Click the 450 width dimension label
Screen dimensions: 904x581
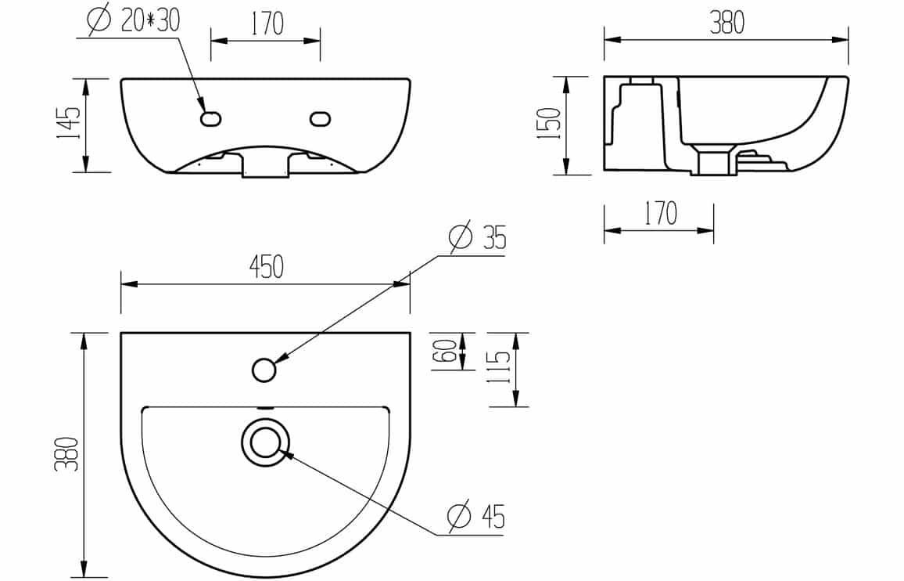[x=267, y=267]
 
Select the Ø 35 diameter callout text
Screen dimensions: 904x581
[x=477, y=236]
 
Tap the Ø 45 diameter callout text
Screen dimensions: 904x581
[x=476, y=516]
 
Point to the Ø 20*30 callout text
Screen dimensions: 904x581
[x=134, y=20]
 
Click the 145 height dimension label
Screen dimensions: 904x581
[x=68, y=124]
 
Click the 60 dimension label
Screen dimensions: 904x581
[x=449, y=351]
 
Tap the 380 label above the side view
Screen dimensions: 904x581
[x=727, y=22]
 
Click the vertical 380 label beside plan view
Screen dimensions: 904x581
[x=66, y=454]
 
